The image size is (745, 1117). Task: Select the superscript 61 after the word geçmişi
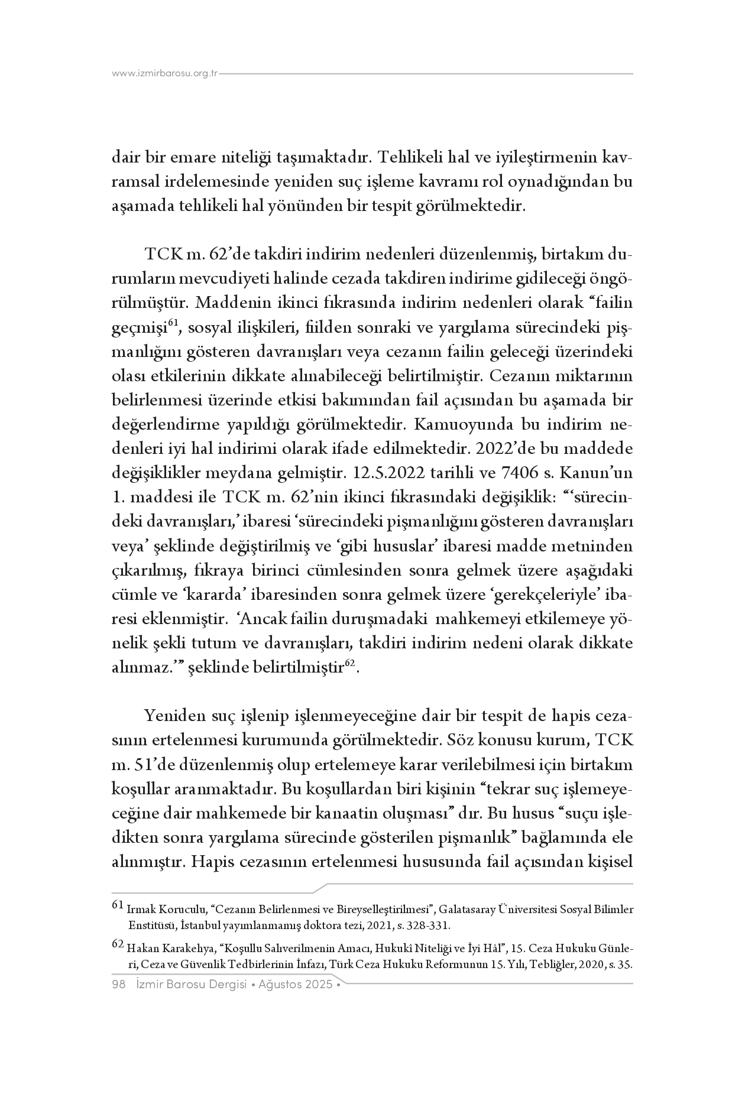click(173, 323)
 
